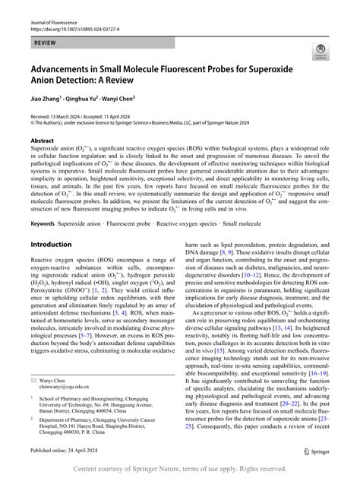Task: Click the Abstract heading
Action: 42,141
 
